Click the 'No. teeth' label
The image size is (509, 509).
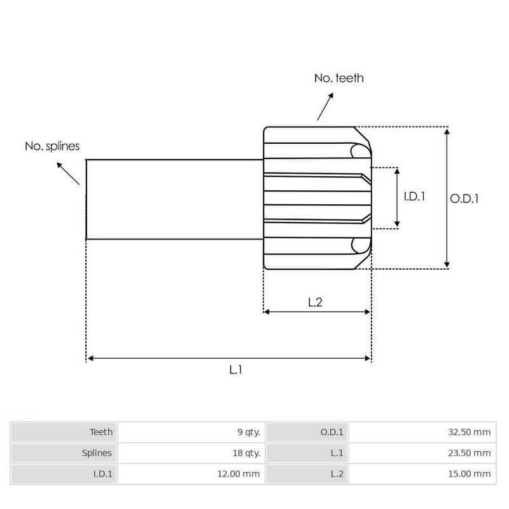pyautogui.click(x=338, y=78)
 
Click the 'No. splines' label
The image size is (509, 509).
pyautogui.click(x=52, y=146)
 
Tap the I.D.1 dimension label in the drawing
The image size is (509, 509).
pyautogui.click(x=414, y=197)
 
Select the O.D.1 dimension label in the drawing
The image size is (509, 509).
pyautogui.click(x=464, y=199)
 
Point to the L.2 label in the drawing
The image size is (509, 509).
pyautogui.click(x=315, y=302)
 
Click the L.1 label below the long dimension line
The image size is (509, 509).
pyautogui.click(x=235, y=370)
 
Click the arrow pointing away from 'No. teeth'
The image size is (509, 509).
pyautogui.click(x=325, y=106)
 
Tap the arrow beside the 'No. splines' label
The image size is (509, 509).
pyautogui.click(x=68, y=173)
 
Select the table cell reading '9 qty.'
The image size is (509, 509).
pyautogui.click(x=248, y=432)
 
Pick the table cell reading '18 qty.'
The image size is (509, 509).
pyautogui.click(x=246, y=453)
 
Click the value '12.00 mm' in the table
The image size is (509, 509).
pyautogui.click(x=241, y=473)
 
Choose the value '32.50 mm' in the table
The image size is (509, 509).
pyautogui.click(x=470, y=432)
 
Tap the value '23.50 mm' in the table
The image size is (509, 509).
pyautogui.click(x=470, y=453)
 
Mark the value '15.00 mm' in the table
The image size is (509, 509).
pyautogui.click(x=470, y=473)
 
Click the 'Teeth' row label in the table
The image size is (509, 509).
pyautogui.click(x=101, y=432)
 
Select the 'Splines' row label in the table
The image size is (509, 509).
pyautogui.click(x=97, y=453)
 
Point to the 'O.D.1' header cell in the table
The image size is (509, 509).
pyautogui.click(x=331, y=432)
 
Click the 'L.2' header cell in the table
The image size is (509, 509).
pyautogui.click(x=337, y=473)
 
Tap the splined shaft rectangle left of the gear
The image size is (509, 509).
pyautogui.click(x=174, y=199)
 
